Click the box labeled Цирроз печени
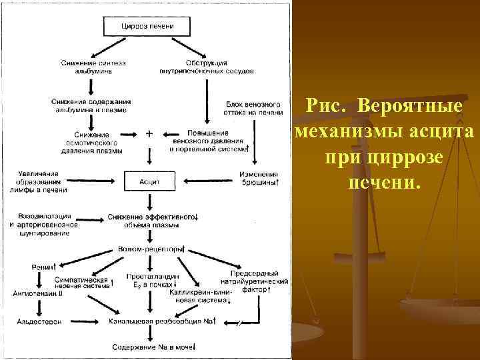(x=148, y=26)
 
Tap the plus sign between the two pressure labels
(x=149, y=133)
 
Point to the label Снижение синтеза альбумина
(x=93, y=67)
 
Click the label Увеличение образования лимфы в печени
(x=38, y=181)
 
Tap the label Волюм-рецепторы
(x=150, y=249)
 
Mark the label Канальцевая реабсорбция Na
(x=163, y=321)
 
